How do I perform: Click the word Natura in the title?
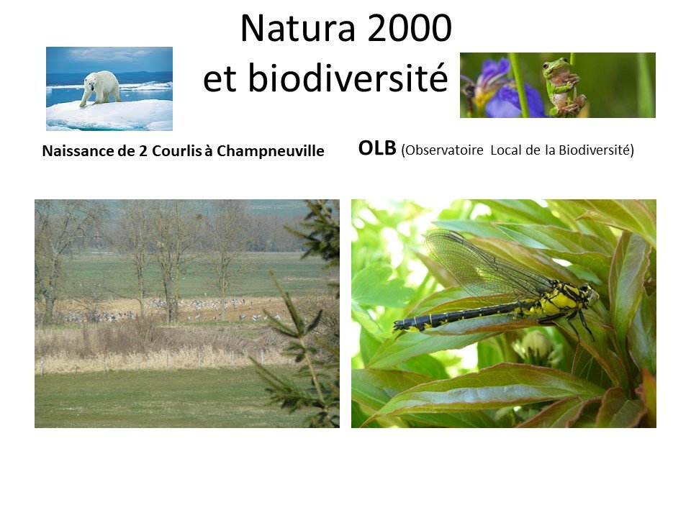coord(298,28)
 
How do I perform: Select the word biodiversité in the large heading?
coord(348,78)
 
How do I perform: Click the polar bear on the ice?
coord(101,88)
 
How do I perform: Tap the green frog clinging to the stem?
coord(563,86)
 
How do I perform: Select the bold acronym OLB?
coord(377,148)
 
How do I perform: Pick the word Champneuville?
coord(270,151)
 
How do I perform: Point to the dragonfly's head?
coord(590,294)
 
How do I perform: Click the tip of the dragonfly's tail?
coord(396,326)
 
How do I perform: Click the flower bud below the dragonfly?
coord(535,345)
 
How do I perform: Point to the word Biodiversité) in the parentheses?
coord(596,150)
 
